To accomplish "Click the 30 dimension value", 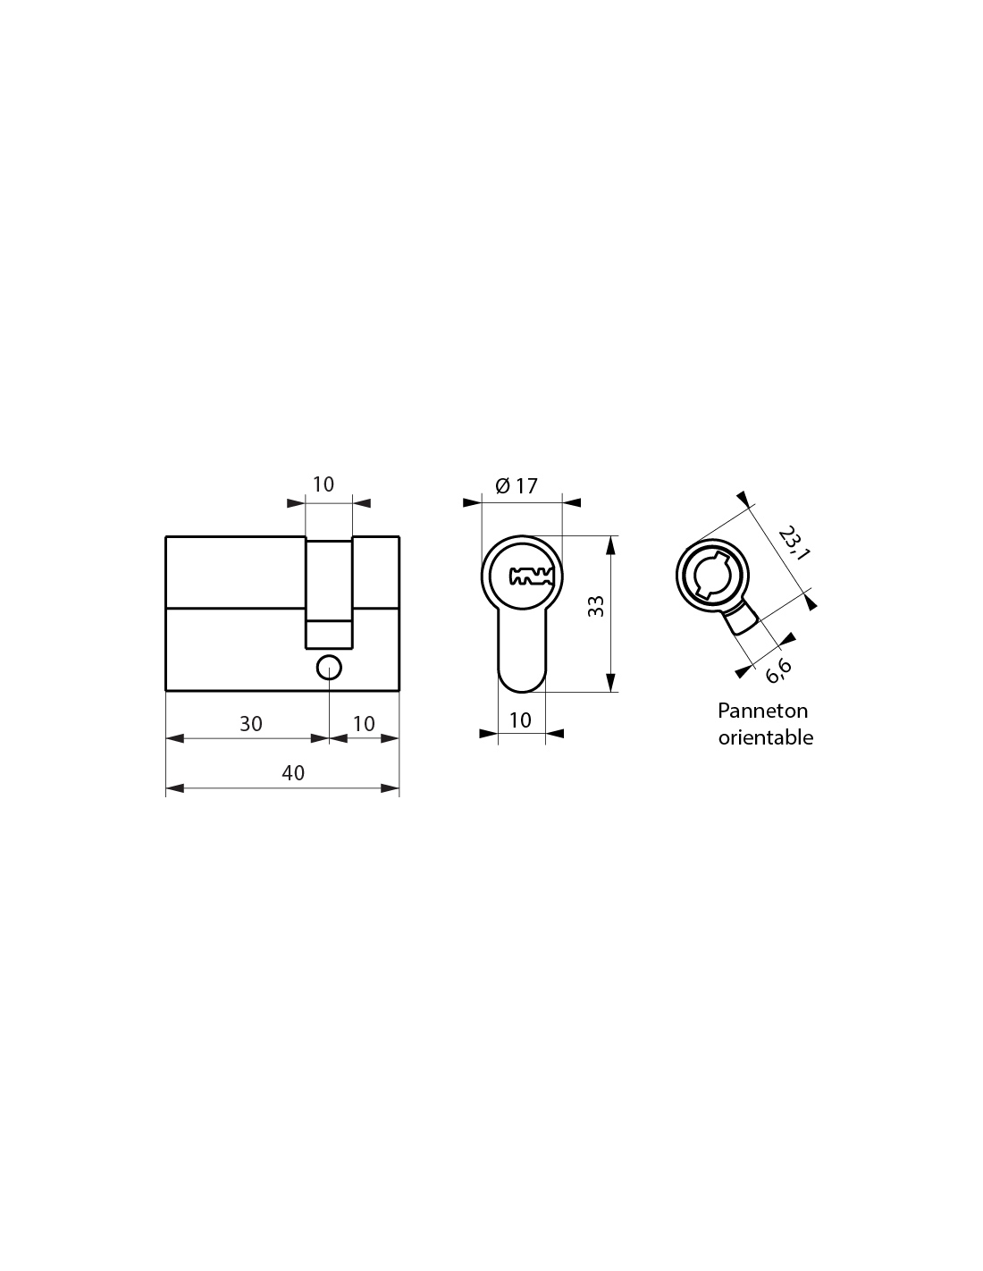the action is point(251,724).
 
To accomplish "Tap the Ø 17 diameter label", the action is point(516,486).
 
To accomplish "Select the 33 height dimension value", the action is point(595,606).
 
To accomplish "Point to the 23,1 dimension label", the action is point(794,543).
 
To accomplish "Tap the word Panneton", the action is point(762,711).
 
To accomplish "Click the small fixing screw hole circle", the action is point(329,668).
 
